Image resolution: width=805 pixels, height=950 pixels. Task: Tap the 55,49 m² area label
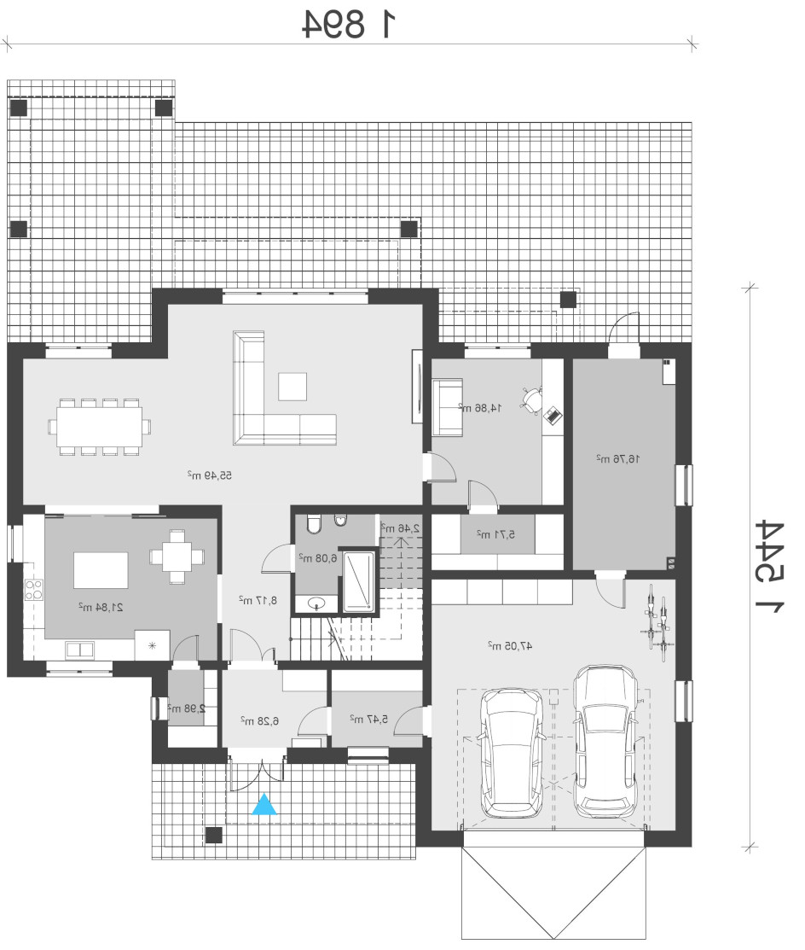[x=210, y=475]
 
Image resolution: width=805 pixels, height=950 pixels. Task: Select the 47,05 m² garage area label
[x=510, y=646]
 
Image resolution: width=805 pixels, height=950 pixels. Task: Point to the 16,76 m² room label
[x=618, y=458]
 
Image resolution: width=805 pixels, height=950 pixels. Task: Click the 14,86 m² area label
[x=480, y=408]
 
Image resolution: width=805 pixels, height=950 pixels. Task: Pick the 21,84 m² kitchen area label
[x=101, y=607]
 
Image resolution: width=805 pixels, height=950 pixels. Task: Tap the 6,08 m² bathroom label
[x=317, y=557]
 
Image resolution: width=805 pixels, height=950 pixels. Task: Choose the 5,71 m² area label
[x=495, y=534]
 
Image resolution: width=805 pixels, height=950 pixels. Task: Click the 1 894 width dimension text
[x=350, y=24]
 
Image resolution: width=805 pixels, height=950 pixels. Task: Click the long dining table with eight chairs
[x=100, y=426]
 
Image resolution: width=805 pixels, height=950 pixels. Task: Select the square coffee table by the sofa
[x=292, y=387]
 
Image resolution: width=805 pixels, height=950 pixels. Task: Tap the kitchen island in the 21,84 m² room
[x=101, y=570]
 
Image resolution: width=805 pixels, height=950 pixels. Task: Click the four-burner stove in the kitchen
[x=34, y=590]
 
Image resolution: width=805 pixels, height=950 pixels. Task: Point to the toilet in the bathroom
[x=313, y=523]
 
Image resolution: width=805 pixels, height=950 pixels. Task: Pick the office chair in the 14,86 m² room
[x=533, y=399]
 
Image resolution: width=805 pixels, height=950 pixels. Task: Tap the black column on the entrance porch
[x=213, y=835]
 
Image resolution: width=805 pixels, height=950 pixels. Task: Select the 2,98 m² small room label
[x=187, y=708]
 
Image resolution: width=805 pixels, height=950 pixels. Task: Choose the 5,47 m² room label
[x=368, y=719]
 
